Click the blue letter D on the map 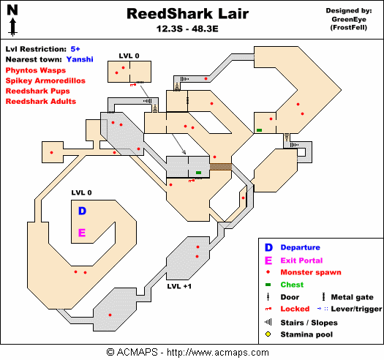(82, 211)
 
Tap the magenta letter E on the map (82, 233)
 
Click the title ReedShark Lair (187, 14)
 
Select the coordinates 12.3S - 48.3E (187, 29)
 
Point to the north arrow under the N (12, 27)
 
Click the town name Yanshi (80, 59)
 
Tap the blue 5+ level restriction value (75, 49)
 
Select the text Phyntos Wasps (36, 70)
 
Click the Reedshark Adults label (41, 101)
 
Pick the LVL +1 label (179, 286)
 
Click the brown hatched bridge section (221, 167)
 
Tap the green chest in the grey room (199, 173)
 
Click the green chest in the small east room (260, 130)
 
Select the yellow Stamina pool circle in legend (268, 334)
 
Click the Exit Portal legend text (301, 260)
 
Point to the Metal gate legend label (352, 297)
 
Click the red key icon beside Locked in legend (268, 309)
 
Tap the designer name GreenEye (349, 19)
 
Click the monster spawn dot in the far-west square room (51, 152)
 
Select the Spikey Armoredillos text (45, 80)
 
